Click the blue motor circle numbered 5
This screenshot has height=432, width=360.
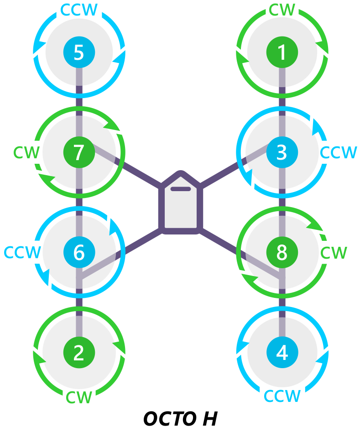tap(79, 52)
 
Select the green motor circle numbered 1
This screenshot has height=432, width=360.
tap(282, 52)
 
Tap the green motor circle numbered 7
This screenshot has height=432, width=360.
tap(79, 152)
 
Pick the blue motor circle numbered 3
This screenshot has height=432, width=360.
tap(282, 152)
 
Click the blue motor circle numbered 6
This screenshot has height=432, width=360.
tap(79, 252)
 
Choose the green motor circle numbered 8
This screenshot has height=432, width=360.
tap(282, 252)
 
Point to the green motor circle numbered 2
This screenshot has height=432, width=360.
tap(79, 352)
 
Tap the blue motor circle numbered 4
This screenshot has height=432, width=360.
tap(282, 352)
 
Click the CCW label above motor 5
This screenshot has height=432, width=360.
tap(79, 10)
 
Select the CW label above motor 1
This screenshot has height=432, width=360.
tap(282, 10)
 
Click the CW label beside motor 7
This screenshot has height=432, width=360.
tap(26, 152)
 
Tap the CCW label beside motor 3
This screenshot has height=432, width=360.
tap(338, 152)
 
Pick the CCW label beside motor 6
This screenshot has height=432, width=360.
tap(22, 252)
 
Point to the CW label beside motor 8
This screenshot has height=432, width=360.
tap(334, 252)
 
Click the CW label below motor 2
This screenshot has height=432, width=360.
tap(79, 397)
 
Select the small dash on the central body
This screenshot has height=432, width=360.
tap(181, 188)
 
